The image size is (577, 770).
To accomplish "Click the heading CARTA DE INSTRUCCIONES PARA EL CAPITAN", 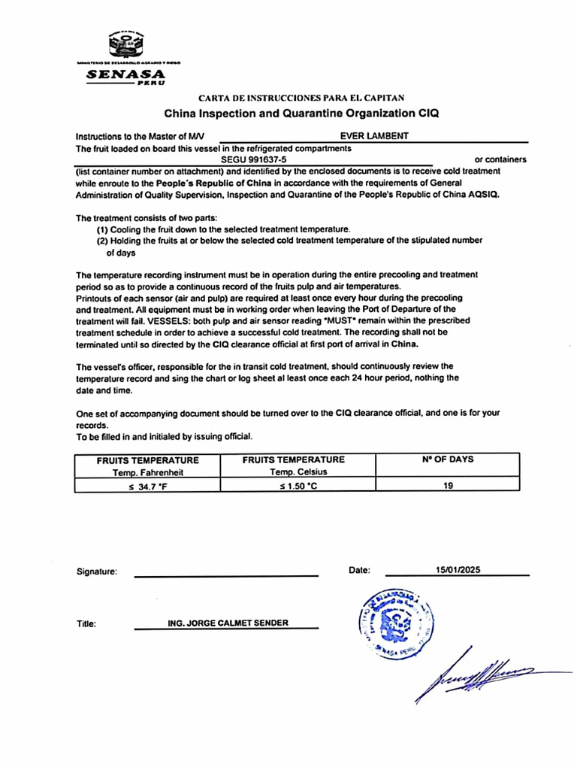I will tap(301, 98).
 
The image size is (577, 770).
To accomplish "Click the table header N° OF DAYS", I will tap(447, 459).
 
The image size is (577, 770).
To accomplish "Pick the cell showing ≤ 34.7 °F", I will tap(147, 486).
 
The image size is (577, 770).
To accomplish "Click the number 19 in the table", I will tap(448, 486).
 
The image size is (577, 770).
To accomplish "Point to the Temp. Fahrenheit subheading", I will tap(147, 472).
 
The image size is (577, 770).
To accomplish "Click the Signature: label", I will tap(97, 571).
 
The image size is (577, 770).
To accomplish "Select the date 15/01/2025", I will tap(456, 570).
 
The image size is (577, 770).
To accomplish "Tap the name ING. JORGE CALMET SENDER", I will tap(228, 623).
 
